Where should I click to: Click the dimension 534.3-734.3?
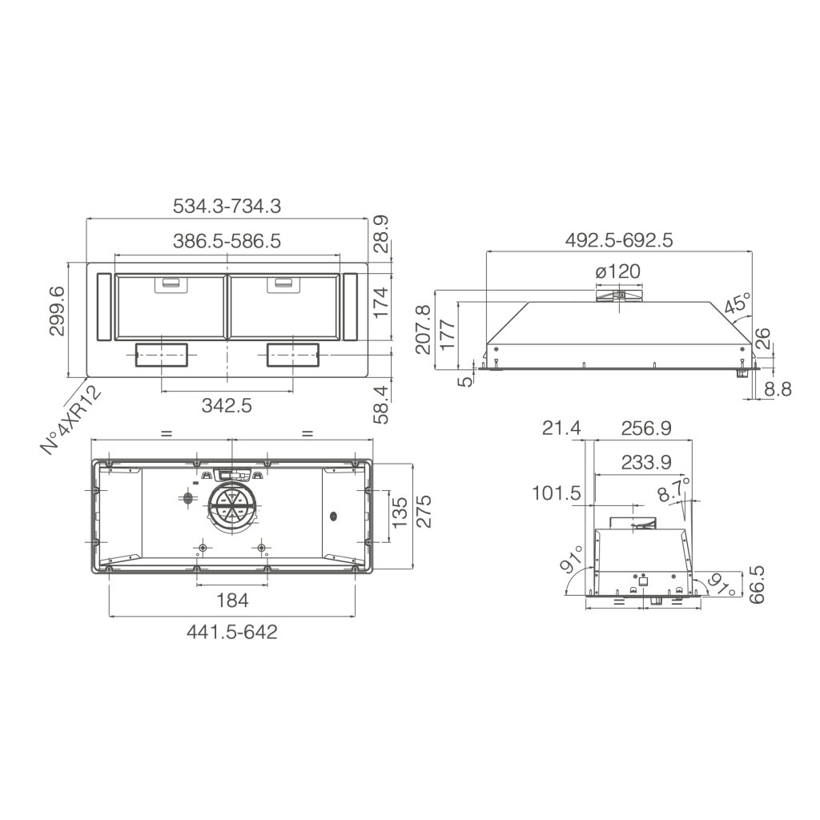[x=227, y=206]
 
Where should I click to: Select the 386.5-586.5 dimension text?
[x=227, y=240]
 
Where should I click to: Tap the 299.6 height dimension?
[x=57, y=312]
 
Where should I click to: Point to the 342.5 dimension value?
[x=227, y=404]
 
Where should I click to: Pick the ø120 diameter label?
[x=617, y=271]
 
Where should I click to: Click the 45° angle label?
[x=738, y=305]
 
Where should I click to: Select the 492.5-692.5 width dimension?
[x=619, y=240]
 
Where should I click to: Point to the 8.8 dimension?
[x=778, y=389]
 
